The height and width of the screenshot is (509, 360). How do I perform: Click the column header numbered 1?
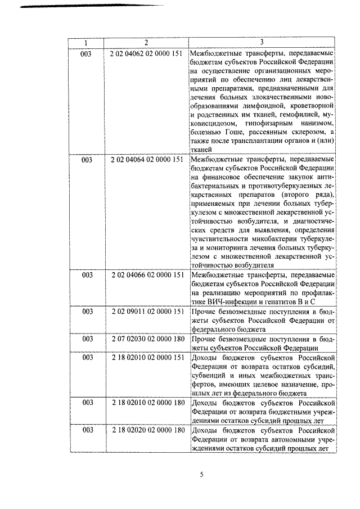click(x=86, y=43)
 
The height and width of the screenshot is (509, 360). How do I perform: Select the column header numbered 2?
click(x=146, y=43)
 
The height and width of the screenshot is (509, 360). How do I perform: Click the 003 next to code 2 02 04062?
click(x=86, y=53)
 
